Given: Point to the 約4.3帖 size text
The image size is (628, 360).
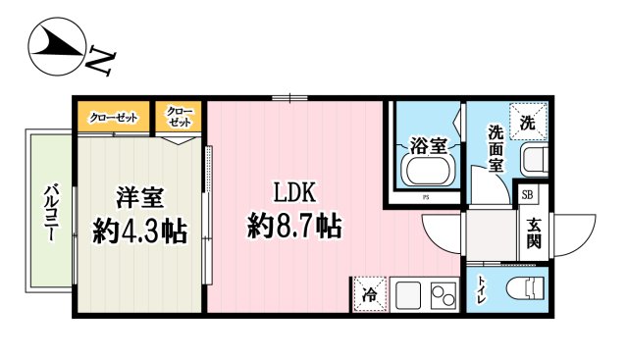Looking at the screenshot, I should click(140, 231).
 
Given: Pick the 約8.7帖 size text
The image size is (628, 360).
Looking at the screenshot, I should click(294, 228).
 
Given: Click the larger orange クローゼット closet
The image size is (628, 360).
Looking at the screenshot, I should click(114, 118).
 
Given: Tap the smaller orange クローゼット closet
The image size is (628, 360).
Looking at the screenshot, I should click(179, 119).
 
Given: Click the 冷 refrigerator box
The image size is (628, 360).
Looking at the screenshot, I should click(371, 292).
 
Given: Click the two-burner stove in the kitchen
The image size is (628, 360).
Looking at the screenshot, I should click(443, 293).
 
